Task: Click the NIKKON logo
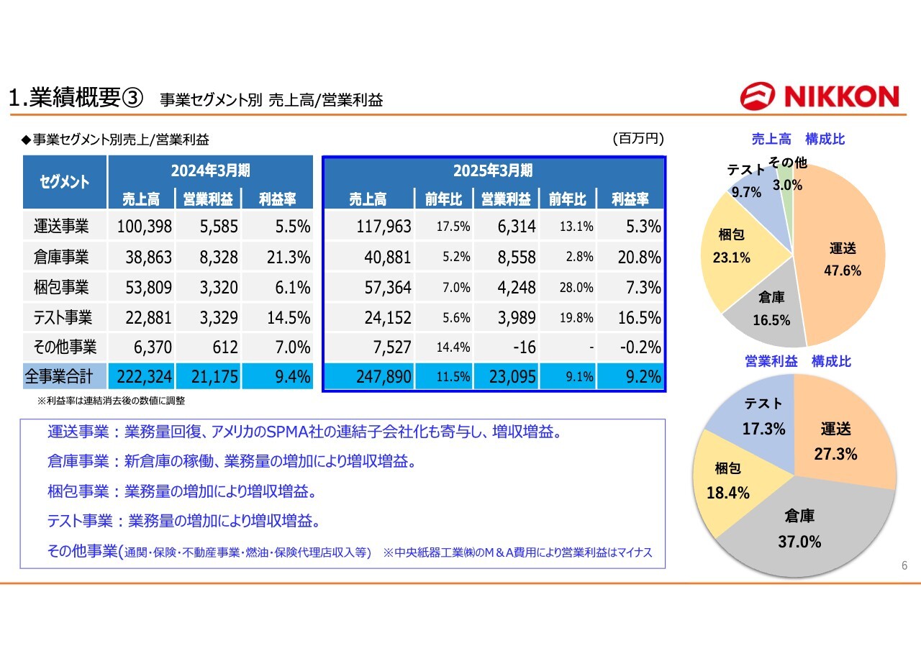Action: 820,96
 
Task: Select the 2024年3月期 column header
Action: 211,170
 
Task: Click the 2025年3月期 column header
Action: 493,170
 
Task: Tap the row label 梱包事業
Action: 61,287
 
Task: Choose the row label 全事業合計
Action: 59,376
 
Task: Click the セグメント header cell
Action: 65,182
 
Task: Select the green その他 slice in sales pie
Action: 787,194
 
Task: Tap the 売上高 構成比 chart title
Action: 798,140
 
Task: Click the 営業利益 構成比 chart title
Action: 798,361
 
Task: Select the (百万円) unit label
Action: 638,139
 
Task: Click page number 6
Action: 904,565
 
